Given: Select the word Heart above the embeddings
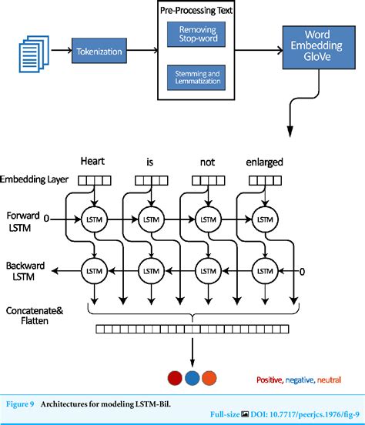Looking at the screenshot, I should tap(93, 162).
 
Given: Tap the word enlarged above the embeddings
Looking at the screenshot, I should tap(264, 162).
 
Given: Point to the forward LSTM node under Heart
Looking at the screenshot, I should tap(93, 219).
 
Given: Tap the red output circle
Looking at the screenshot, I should tap(173, 377).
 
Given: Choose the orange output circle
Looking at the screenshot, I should tap(209, 377).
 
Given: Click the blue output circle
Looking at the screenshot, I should tap(191, 377).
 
